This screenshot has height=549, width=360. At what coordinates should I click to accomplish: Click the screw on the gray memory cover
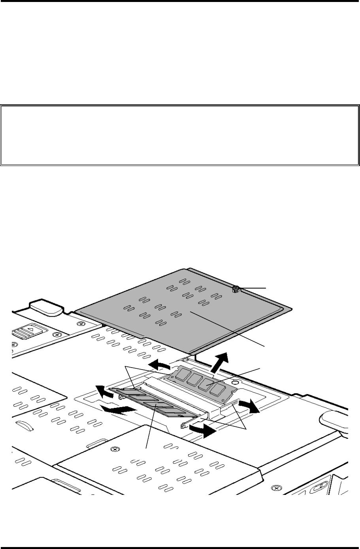click(x=236, y=289)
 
